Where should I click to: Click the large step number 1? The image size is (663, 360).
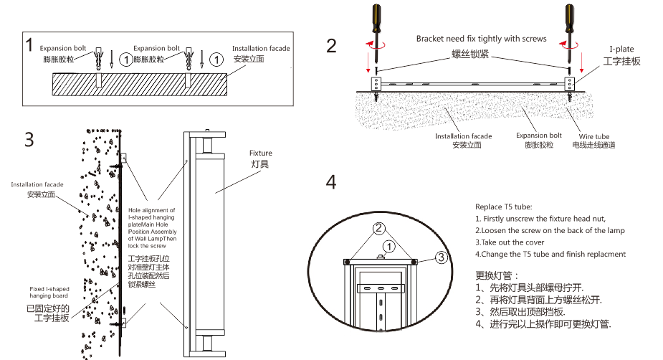tap(29, 44)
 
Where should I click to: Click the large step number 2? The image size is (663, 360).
tap(330, 46)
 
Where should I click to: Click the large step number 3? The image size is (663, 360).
tap(29, 139)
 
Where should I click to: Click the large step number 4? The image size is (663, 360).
tap(330, 181)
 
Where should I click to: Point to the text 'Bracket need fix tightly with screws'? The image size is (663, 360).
tap(481, 39)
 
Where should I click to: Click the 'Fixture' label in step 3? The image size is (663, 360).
tap(260, 153)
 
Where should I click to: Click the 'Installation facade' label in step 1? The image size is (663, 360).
tap(261, 49)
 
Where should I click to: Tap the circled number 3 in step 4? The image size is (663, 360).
tap(442, 257)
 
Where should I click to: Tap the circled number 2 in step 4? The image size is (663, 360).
tap(380, 229)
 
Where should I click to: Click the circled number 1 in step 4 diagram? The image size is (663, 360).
tap(388, 246)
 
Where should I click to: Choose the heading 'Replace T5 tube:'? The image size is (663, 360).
tap(503, 207)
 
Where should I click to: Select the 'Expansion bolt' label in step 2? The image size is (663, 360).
tap(538, 136)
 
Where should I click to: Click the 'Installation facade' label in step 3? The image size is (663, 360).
tap(37, 185)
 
